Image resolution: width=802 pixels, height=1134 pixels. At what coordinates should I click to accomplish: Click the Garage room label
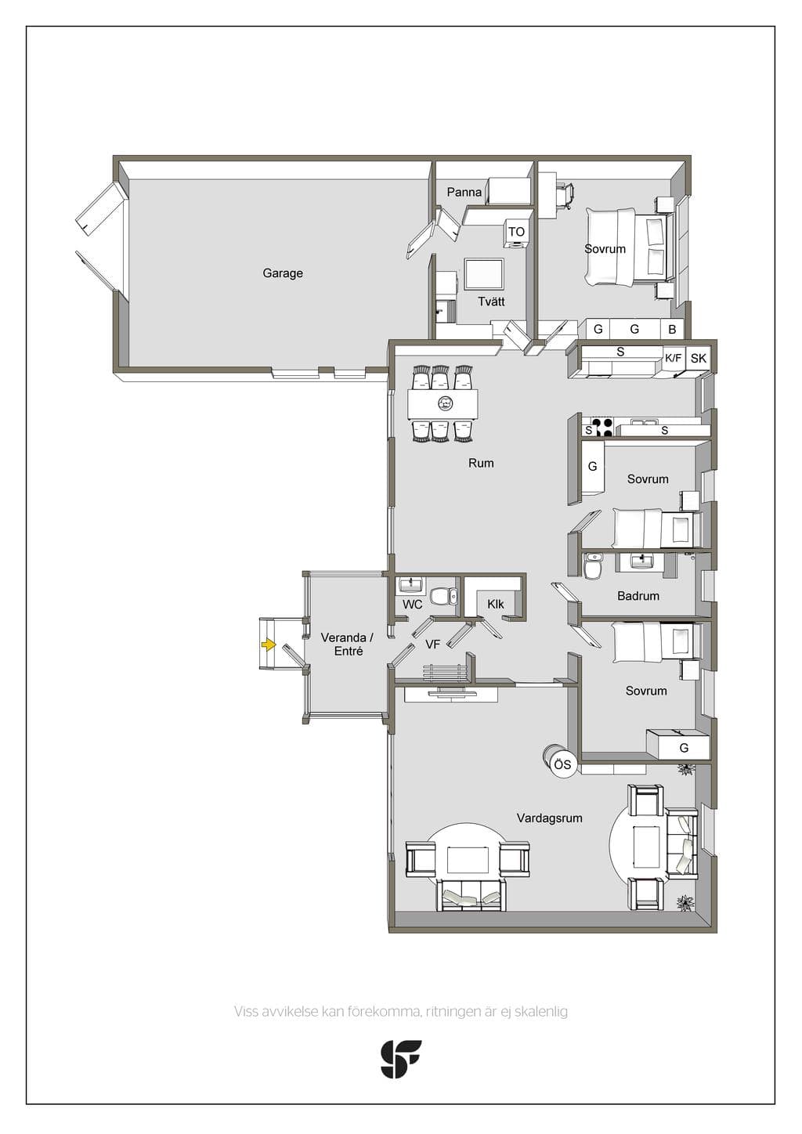(283, 273)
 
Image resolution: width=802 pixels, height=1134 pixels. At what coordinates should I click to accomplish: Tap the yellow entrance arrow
(268, 645)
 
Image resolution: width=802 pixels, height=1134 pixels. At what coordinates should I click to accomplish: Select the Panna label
(464, 193)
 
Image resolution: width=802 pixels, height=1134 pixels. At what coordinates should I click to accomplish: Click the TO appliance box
(516, 233)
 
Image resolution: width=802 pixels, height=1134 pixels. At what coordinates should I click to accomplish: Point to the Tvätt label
(491, 302)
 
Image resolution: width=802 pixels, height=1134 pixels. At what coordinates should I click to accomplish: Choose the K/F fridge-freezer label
(674, 359)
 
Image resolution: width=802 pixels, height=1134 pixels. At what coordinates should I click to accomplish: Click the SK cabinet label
(698, 359)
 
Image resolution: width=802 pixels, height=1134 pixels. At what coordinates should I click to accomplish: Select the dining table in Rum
(443, 404)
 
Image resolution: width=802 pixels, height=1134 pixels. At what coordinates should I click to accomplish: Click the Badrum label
(638, 596)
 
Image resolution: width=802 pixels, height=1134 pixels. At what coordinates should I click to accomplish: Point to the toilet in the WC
(444, 596)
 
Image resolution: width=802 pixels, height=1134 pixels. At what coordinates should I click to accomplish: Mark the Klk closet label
(496, 604)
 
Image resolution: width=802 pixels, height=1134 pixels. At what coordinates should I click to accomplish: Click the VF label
(432, 644)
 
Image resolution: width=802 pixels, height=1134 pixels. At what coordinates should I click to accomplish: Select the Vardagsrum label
(549, 818)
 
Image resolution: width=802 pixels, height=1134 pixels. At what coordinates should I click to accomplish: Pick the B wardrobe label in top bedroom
(673, 330)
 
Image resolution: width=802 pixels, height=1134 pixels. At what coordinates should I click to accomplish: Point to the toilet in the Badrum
(592, 566)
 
